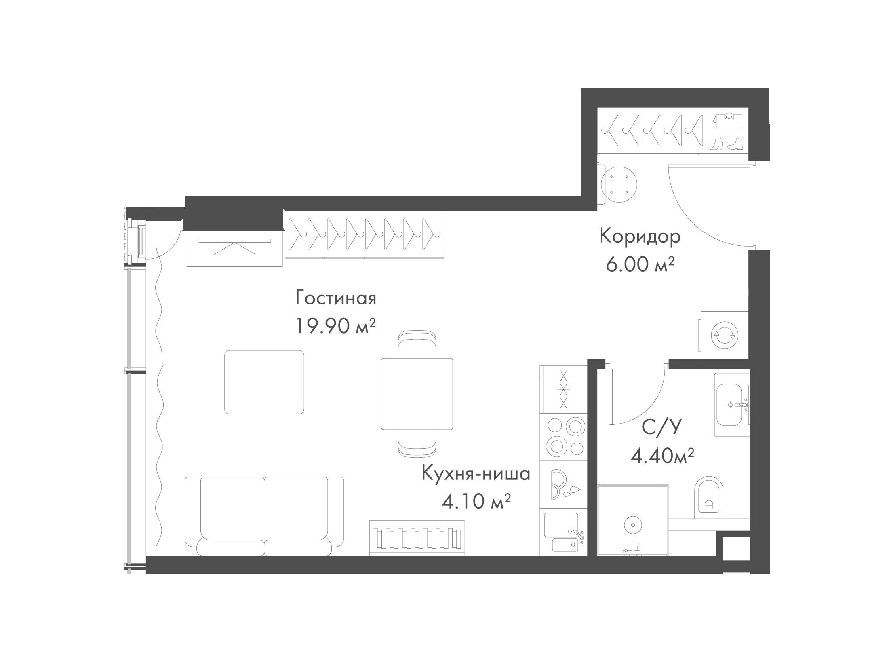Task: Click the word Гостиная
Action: pos(336,299)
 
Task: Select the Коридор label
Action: pos(640,237)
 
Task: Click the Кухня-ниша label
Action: pos(476,473)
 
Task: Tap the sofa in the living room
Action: pos(264,516)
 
